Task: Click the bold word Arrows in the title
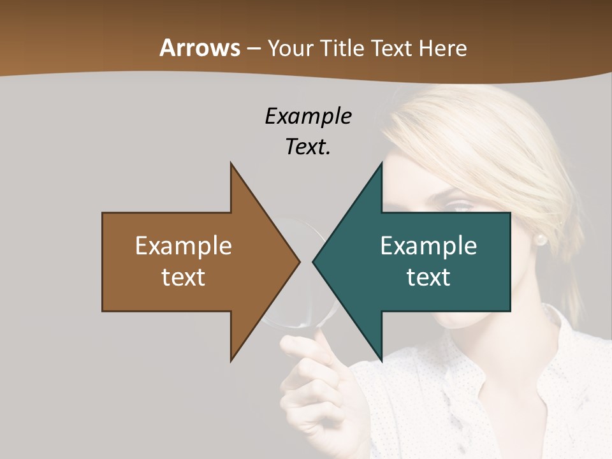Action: [x=200, y=48]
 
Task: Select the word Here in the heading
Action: [x=444, y=48]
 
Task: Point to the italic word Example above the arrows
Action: [x=308, y=117]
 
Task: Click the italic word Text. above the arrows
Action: [x=308, y=147]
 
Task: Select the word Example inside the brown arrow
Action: [x=184, y=245]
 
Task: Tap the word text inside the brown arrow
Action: [x=184, y=277]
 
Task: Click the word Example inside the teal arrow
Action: [x=428, y=245]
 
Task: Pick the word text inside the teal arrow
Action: [x=428, y=277]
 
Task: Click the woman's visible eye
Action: [x=460, y=205]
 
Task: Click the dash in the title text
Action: [x=253, y=48]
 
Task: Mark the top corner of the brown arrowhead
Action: [x=231, y=164]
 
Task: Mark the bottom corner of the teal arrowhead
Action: [x=381, y=360]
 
